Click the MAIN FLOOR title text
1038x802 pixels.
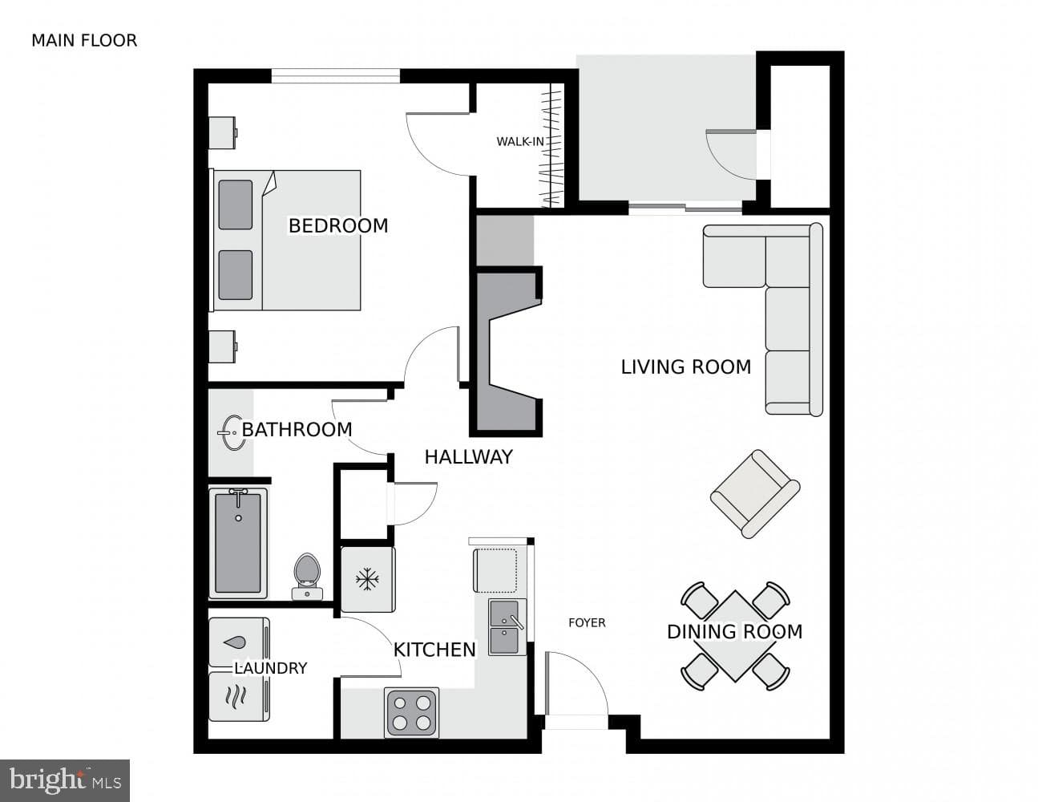point(84,41)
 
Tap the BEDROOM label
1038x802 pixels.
point(338,225)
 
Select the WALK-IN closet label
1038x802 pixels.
point(520,141)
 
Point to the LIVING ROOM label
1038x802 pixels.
point(686,367)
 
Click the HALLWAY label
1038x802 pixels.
point(469,457)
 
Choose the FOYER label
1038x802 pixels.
point(587,623)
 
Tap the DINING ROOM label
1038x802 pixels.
point(735,632)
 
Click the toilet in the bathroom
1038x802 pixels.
point(307,577)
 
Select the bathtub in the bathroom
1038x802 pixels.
point(238,543)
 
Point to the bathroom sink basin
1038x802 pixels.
point(233,433)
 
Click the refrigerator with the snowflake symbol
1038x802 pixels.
point(368,580)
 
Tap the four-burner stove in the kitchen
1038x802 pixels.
point(411,712)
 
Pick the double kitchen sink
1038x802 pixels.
point(507,627)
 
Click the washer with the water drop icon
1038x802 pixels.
point(240,643)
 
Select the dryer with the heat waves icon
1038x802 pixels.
point(240,696)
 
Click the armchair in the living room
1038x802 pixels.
point(755,494)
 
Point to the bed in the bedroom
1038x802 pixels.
point(285,240)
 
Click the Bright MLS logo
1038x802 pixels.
point(65,780)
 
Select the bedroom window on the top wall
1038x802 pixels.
point(336,76)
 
